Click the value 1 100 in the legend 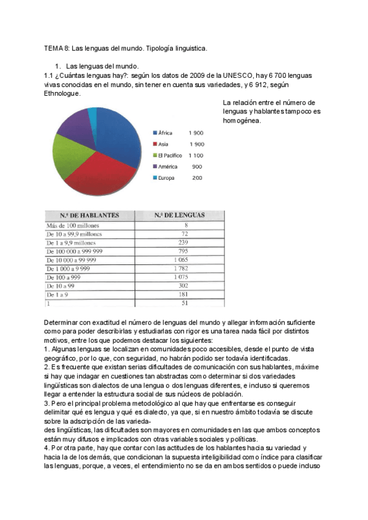pos(196,155)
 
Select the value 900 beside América pos(197,167)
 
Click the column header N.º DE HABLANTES pos(90,215)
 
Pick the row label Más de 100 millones pos(72,226)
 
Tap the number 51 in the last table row pos(183,303)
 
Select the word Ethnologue pos(62,94)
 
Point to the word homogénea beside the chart pos(242,120)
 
